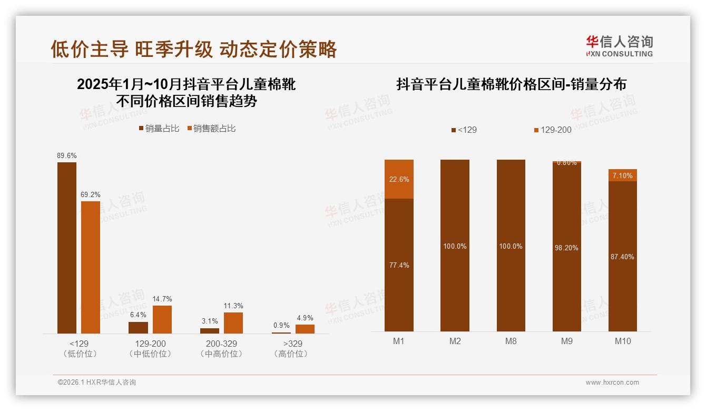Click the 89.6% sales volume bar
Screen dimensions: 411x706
tap(67, 248)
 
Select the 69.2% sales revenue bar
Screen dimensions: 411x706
tap(91, 267)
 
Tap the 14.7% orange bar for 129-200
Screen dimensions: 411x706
tap(162, 319)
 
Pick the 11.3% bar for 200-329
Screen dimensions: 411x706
tap(233, 323)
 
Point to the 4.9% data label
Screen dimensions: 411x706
tap(305, 318)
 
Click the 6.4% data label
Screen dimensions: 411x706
tap(138, 315)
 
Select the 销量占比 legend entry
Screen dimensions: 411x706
tap(159, 129)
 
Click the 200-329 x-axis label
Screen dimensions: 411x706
tap(221, 344)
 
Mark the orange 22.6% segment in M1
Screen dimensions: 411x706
tap(399, 179)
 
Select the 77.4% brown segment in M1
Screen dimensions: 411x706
tap(399, 265)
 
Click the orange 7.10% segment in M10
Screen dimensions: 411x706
tap(623, 175)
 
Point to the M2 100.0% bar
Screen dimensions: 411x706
tap(455, 246)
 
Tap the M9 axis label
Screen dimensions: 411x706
tap(567, 341)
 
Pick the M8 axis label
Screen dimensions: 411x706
tap(511, 341)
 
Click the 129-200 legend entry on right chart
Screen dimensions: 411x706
tap(553, 130)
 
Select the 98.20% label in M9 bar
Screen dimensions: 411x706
tap(567, 248)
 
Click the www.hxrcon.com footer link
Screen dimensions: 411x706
tap(612, 383)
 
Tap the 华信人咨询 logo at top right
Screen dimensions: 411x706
tap(619, 46)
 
